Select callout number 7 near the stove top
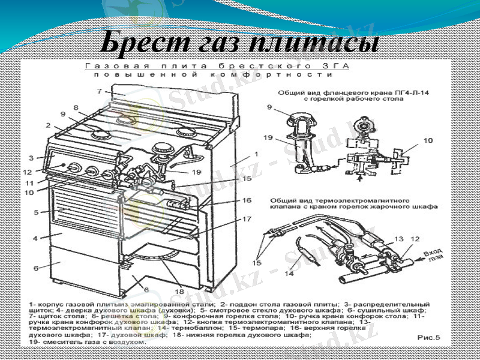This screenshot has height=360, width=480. pyautogui.click(x=98, y=91)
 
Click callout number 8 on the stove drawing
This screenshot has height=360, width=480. pyautogui.click(x=76, y=107)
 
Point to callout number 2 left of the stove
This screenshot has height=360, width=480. pyautogui.click(x=46, y=125)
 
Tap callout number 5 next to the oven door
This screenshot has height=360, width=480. pyautogui.click(x=36, y=212)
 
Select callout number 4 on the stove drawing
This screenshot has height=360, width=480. pyautogui.click(x=36, y=238)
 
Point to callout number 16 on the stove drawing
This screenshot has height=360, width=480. pyautogui.click(x=247, y=200)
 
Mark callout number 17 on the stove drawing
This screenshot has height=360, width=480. pyautogui.click(x=247, y=220)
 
